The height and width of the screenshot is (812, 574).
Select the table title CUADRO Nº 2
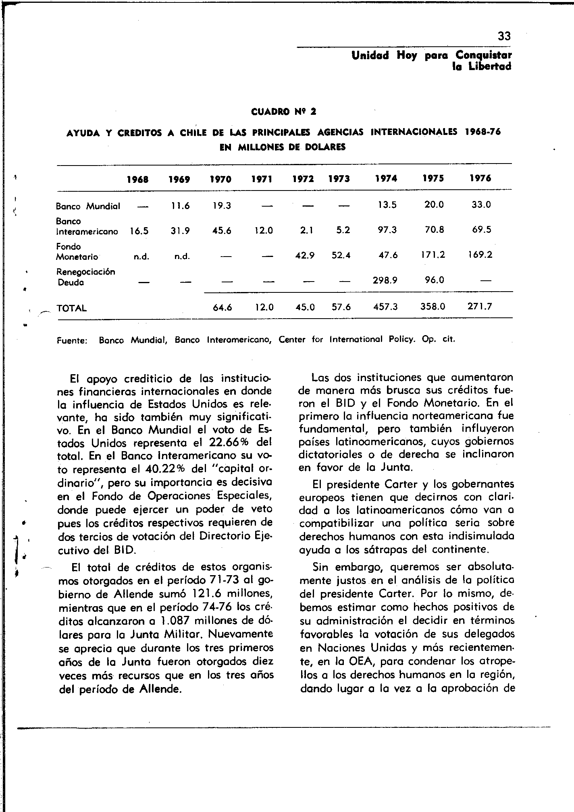tap(283, 112)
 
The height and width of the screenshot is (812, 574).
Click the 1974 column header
tap(386, 178)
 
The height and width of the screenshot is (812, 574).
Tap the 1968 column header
tap(137, 179)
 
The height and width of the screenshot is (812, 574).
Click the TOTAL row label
tap(72, 308)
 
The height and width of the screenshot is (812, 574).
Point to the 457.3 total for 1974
tap(386, 307)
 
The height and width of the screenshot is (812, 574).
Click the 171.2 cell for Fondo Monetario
tap(434, 255)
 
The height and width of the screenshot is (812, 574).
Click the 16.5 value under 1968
tap(139, 231)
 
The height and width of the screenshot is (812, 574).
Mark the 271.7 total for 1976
tap(480, 307)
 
